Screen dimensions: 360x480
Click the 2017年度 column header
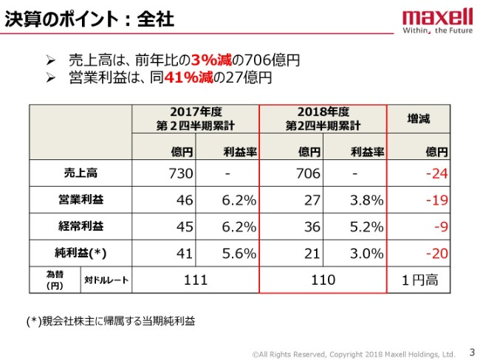pyautogui.click(x=196, y=118)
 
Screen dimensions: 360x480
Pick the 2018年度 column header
pyautogui.click(x=323, y=118)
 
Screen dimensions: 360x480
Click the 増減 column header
pyautogui.click(x=419, y=118)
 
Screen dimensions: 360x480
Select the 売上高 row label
pyautogui.click(x=80, y=174)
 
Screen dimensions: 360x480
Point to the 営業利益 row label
pyautogui.click(x=80, y=200)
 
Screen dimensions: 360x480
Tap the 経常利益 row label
pyautogui.click(x=80, y=226)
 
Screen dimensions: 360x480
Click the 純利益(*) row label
pyautogui.click(x=80, y=253)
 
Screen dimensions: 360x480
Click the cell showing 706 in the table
pyautogui.click(x=308, y=174)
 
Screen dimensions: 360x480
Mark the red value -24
pyautogui.click(x=436, y=174)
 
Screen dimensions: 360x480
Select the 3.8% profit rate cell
pyautogui.click(x=367, y=200)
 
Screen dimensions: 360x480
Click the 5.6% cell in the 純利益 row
pyautogui.click(x=239, y=253)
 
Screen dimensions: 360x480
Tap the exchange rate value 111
pyautogui.click(x=196, y=280)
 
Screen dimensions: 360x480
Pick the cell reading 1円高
pyautogui.click(x=419, y=280)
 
